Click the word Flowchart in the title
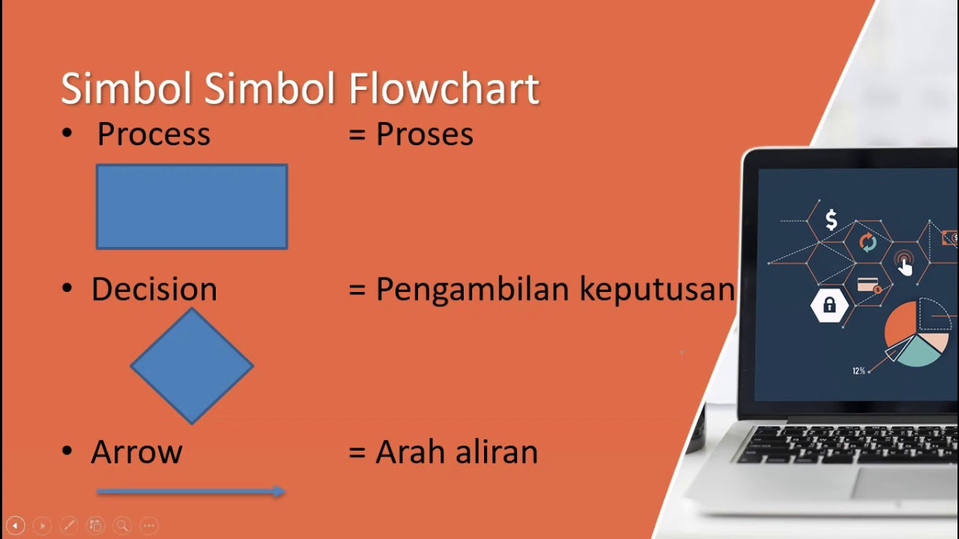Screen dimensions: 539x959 (x=444, y=89)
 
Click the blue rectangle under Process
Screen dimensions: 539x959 (x=192, y=207)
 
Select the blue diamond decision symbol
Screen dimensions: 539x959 (x=192, y=366)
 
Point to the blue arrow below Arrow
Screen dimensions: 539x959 (x=191, y=492)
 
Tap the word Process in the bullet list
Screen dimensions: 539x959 (x=154, y=135)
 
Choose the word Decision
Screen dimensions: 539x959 (x=154, y=290)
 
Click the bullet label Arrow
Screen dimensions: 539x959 (x=136, y=452)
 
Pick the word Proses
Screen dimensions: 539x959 (x=424, y=135)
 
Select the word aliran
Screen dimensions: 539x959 (x=497, y=452)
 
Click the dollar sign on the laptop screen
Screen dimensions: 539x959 (x=831, y=220)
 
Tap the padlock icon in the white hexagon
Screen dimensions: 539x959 (x=829, y=305)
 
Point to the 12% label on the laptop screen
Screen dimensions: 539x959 (x=859, y=371)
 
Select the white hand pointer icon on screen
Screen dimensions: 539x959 (x=905, y=266)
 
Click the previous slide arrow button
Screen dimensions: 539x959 (x=15, y=526)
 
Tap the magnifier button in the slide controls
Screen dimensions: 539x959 (x=122, y=526)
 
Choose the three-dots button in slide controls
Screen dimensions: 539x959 (x=149, y=526)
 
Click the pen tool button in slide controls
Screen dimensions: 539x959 (x=69, y=526)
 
